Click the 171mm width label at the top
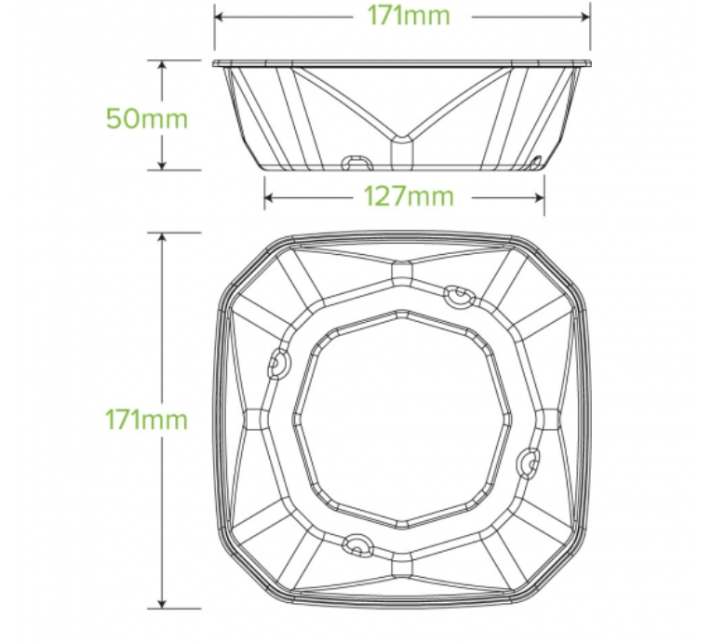pos(409,16)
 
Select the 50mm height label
pos(147,118)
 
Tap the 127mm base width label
pos(409,196)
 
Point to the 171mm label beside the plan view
pos(146,420)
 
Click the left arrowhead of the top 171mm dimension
pos(220,17)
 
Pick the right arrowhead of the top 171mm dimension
pos(585,17)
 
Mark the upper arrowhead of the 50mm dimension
pos(162,65)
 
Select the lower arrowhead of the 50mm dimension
pos(162,165)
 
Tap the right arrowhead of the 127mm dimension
pos(539,198)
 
